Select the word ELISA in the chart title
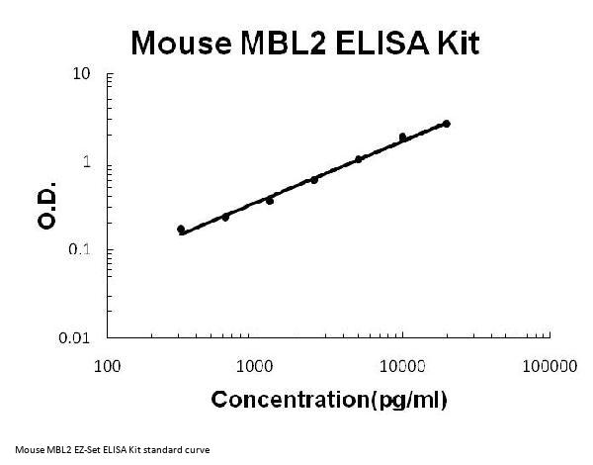(x=380, y=43)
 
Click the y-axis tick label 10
(x=83, y=75)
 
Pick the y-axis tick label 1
(x=88, y=162)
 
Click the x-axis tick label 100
(x=108, y=366)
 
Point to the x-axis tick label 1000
(x=255, y=366)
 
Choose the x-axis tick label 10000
(x=402, y=366)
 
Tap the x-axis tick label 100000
(x=549, y=366)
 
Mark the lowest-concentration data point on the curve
(x=181, y=230)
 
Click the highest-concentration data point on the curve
(x=447, y=124)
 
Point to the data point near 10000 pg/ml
(x=402, y=138)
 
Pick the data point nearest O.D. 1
(x=359, y=158)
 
